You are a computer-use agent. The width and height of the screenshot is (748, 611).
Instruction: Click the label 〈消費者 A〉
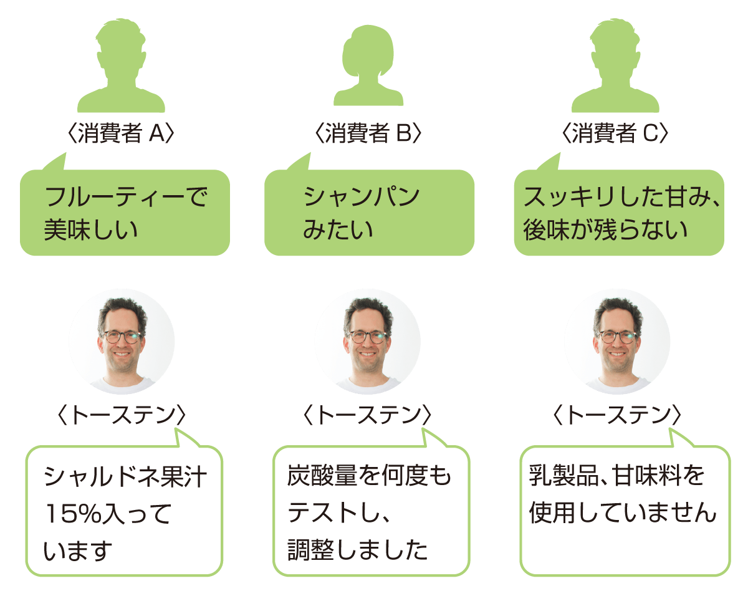120,133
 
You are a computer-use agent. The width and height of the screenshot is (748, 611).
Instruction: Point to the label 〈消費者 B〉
368,133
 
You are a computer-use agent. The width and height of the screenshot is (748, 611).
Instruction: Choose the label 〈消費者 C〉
615,133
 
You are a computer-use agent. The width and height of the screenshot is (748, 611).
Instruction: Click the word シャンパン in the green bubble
362,196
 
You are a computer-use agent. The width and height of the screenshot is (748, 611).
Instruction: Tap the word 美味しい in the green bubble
91,229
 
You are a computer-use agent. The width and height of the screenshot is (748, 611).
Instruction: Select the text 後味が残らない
605,229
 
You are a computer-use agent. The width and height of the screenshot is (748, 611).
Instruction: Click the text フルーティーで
126,196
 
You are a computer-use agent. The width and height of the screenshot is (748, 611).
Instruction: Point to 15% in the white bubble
74,513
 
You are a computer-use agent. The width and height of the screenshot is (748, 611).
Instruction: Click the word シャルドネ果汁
125,476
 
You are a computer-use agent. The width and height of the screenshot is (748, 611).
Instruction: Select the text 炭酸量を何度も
369,476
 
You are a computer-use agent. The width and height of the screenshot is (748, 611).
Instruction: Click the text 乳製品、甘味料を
616,476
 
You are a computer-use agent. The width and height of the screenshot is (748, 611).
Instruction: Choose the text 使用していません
623,512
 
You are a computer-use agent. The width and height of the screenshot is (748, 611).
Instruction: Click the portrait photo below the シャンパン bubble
368,341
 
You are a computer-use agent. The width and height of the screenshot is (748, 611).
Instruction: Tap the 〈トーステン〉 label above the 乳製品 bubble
617,415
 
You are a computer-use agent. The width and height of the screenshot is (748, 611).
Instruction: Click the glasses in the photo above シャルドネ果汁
122,337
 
